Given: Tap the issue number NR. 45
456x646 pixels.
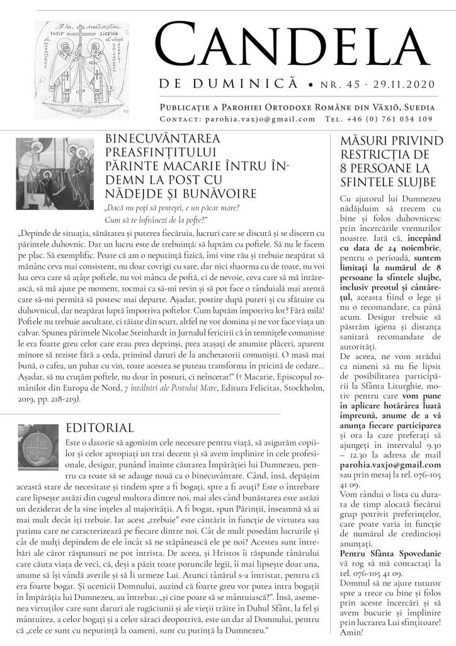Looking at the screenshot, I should pyautogui.click(x=350, y=83).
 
